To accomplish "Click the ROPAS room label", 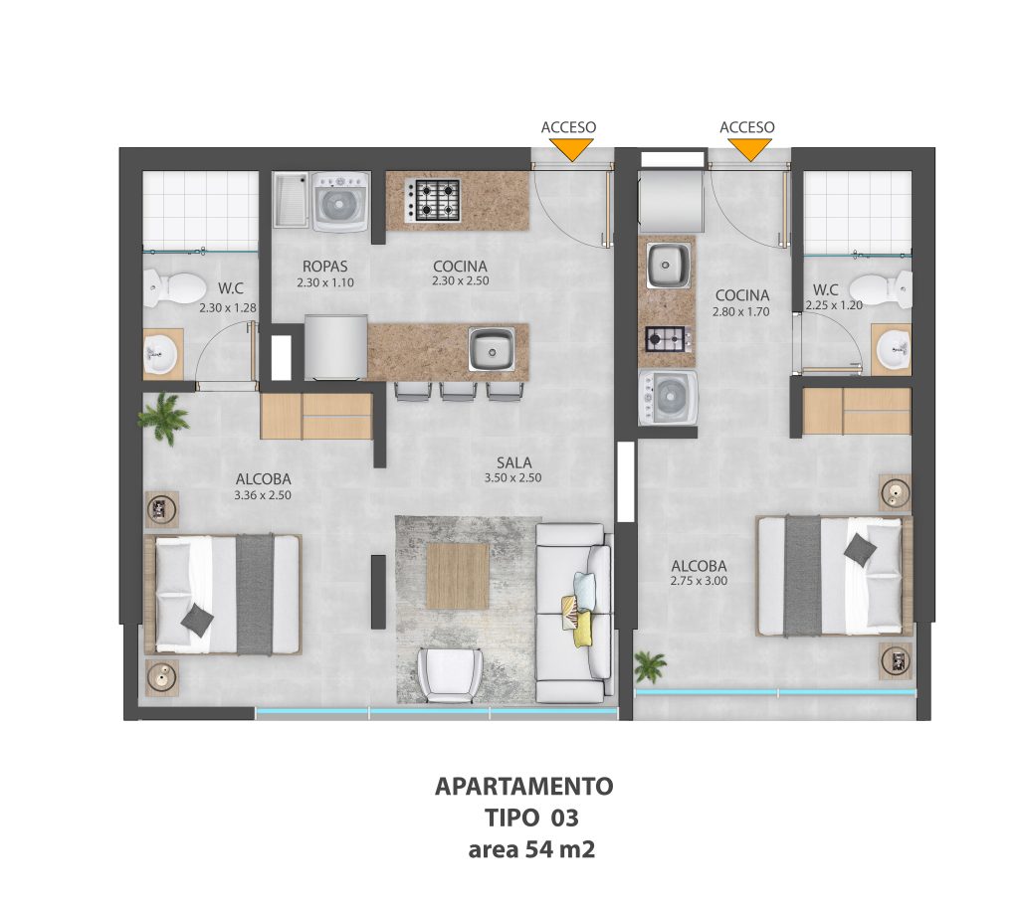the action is (325, 267).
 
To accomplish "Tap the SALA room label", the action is (514, 462).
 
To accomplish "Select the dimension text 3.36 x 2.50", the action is (263, 495).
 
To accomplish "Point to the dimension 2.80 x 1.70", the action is (740, 312).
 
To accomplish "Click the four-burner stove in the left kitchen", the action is (432, 200).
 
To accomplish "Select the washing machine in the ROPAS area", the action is (339, 202).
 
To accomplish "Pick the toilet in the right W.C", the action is (881, 287).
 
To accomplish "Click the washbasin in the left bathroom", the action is (160, 354).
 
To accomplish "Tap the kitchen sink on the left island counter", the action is (492, 349).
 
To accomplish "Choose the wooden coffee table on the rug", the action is (458, 576).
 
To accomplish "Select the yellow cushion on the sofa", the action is (583, 629).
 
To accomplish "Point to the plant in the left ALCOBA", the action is (164, 419).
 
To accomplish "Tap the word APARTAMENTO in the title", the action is (523, 787).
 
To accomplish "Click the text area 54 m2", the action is (531, 849).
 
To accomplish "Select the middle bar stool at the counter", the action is (459, 391).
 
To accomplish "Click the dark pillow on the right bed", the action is (860, 547).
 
